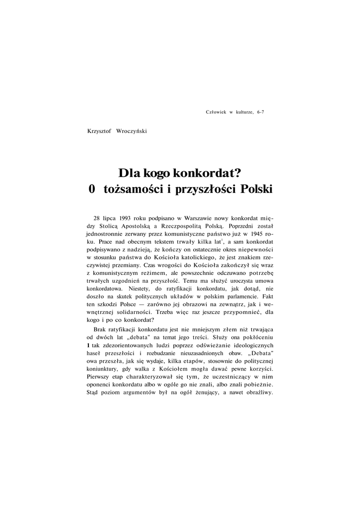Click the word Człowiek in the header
[x=216, y=113]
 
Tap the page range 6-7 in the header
[x=260, y=113]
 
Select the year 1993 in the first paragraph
[x=128, y=218]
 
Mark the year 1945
[x=257, y=234]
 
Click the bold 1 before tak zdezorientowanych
[x=88, y=346]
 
